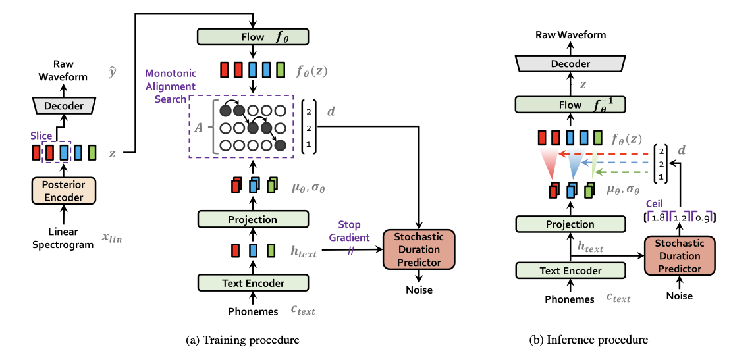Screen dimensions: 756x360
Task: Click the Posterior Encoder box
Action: (x=64, y=191)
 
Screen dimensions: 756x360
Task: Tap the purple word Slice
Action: (x=41, y=136)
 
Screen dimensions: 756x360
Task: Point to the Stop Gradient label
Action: (x=350, y=231)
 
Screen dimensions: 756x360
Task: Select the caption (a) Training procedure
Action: (x=242, y=340)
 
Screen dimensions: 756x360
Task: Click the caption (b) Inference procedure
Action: (x=589, y=340)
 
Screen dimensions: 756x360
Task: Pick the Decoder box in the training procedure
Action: (x=64, y=105)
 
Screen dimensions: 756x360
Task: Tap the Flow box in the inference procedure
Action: (x=570, y=105)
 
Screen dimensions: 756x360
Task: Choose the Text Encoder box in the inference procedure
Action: (x=570, y=270)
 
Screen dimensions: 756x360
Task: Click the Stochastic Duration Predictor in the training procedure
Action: (x=419, y=249)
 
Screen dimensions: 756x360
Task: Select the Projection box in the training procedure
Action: (x=253, y=219)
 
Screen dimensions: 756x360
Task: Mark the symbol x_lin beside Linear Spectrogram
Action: (x=111, y=238)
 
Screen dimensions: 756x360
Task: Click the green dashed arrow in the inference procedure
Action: (x=622, y=172)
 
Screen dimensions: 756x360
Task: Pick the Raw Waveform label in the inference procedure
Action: (x=570, y=35)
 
